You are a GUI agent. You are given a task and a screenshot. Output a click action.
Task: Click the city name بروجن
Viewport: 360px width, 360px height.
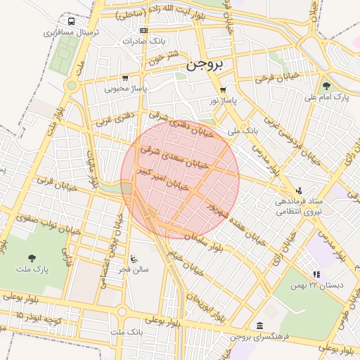pyautogui.click(x=205, y=65)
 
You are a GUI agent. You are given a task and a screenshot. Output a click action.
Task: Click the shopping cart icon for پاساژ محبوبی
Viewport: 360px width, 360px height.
pyautogui.click(x=125, y=78)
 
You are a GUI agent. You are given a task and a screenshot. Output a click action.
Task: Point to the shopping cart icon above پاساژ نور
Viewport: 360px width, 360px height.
pyautogui.click(x=223, y=90)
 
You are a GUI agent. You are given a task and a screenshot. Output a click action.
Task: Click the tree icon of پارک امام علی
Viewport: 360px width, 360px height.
pyautogui.click(x=326, y=85)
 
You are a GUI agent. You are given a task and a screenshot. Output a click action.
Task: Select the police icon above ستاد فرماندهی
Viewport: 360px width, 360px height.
pyautogui.click(x=300, y=190)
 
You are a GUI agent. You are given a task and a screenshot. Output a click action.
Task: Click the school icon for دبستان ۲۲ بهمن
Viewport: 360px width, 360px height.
pyautogui.click(x=316, y=274)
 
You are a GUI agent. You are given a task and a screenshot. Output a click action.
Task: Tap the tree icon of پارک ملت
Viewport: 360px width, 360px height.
pyautogui.click(x=31, y=258)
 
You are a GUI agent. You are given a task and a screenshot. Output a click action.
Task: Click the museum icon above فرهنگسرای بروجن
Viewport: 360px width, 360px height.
pyautogui.click(x=260, y=326)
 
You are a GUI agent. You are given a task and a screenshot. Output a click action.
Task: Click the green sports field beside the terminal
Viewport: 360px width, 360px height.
pyautogui.click(x=68, y=49)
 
